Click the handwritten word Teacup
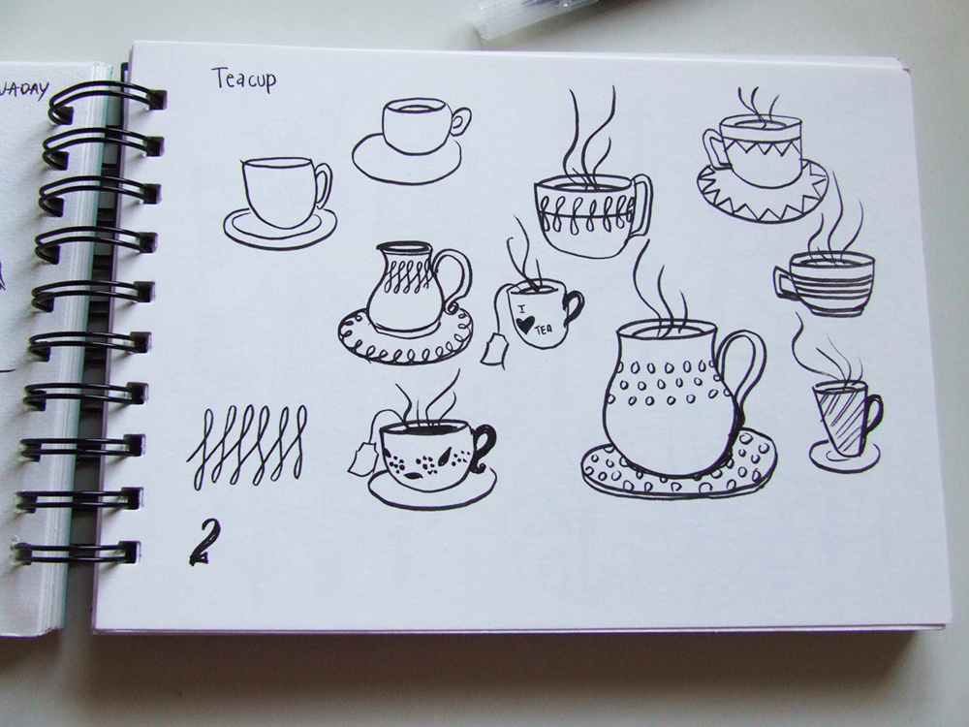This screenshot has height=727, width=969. [243, 79]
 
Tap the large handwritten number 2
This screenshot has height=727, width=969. [204, 542]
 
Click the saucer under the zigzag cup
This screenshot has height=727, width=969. [762, 199]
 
